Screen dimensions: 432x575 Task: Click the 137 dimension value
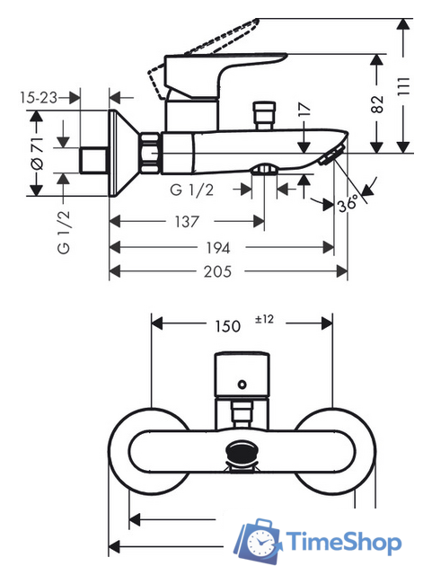click(187, 222)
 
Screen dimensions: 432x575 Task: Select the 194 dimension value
click(218, 248)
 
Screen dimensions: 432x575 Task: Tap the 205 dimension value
click(217, 271)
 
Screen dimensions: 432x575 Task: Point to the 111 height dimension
click(403, 86)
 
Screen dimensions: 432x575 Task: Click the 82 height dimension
click(377, 104)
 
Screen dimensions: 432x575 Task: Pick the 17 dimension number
click(304, 110)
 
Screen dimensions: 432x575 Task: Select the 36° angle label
click(348, 203)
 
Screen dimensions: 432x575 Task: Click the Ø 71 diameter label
click(37, 154)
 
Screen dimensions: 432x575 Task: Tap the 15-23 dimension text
click(39, 98)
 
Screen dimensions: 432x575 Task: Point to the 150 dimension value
click(227, 326)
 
